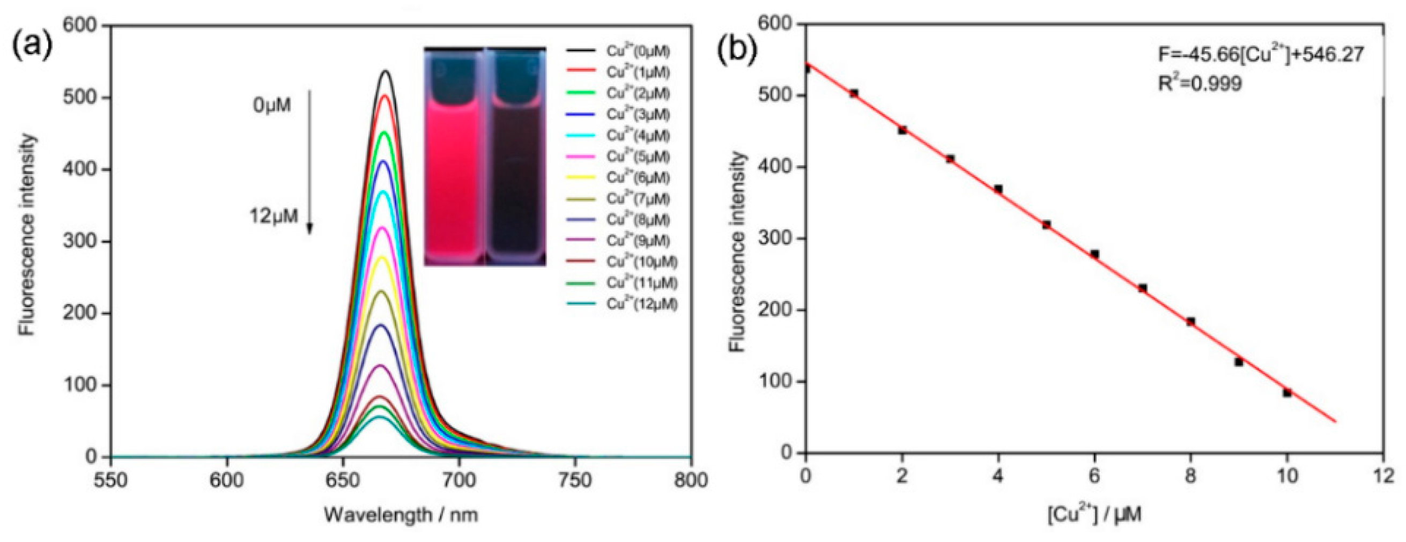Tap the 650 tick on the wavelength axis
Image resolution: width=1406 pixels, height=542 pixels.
[343, 481]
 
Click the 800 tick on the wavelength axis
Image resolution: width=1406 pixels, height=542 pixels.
[691, 481]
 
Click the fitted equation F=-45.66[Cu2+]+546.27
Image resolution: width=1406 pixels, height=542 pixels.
[1261, 55]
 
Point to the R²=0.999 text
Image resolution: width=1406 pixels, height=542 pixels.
[1200, 84]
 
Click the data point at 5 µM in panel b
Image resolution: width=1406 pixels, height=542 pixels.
[1046, 225]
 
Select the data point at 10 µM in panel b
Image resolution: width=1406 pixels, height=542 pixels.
[1287, 392]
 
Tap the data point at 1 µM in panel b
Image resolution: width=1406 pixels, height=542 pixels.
[854, 94]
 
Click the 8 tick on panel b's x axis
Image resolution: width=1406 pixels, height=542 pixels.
[1190, 477]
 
